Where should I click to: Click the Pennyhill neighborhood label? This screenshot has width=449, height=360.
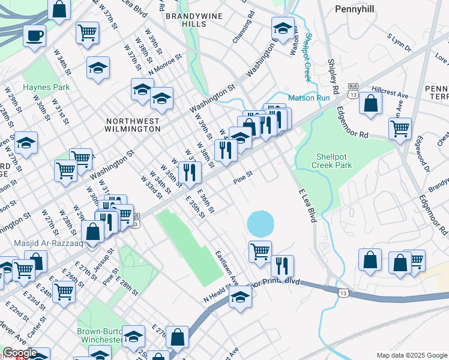[354, 10]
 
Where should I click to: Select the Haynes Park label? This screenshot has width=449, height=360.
[46, 87]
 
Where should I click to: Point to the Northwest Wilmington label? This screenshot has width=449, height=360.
[132, 125]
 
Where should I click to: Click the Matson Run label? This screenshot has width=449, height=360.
[309, 97]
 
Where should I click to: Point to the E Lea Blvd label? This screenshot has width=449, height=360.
[307, 206]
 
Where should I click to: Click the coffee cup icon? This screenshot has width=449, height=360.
[35, 35]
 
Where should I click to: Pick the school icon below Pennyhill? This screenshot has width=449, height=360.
[283, 28]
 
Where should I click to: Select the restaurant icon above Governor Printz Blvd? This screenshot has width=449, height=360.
[282, 266]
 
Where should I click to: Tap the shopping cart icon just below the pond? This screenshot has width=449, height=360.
[260, 251]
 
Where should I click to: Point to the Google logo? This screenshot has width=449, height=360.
[20, 353]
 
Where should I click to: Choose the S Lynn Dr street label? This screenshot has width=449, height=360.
[399, 43]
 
